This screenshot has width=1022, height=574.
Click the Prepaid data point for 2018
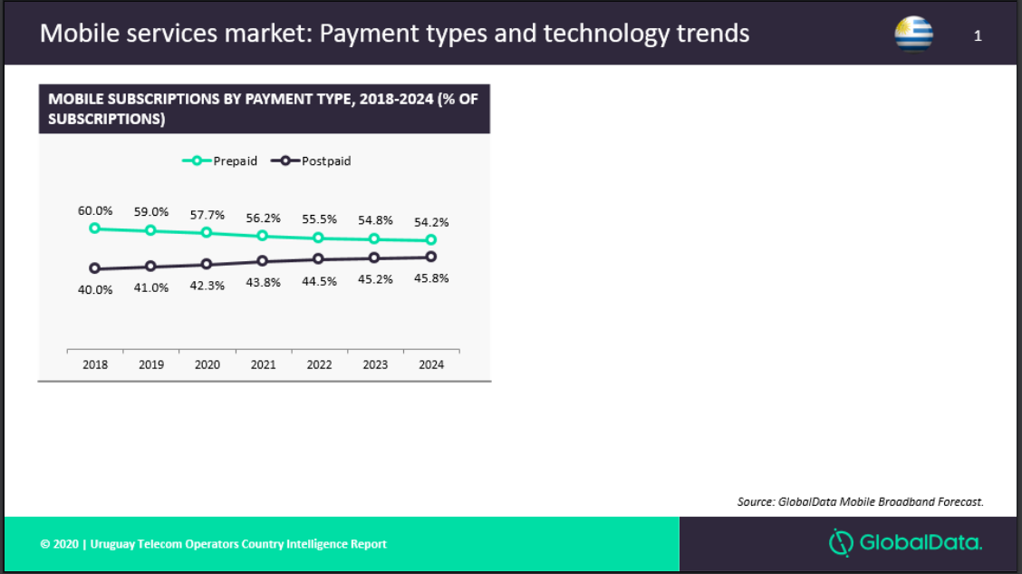pos(94,229)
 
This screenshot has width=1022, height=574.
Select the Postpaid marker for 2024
pos(431,257)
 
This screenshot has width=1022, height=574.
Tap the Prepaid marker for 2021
pos(262,236)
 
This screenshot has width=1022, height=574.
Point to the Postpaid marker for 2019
pos(150,266)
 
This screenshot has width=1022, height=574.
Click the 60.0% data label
pos(95,210)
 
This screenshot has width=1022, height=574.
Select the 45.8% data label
pos(431,277)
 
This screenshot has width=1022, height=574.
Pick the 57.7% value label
pos(207,215)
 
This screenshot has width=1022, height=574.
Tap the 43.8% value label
pos(264,282)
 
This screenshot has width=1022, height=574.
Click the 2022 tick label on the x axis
pos(319,365)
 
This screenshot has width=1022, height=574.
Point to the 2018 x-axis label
pos(95,365)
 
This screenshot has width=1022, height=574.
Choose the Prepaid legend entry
pos(219,161)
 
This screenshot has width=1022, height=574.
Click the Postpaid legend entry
pos(311,161)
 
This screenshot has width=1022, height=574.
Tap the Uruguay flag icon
pos(914,34)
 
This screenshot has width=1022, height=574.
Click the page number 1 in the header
pos(978,36)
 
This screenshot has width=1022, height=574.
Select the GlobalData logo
pos(905,542)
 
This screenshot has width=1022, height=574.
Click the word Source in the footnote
pos(756,501)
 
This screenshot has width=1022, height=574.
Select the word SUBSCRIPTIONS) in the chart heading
pos(106,119)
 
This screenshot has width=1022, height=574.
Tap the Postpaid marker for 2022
pos(318,259)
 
